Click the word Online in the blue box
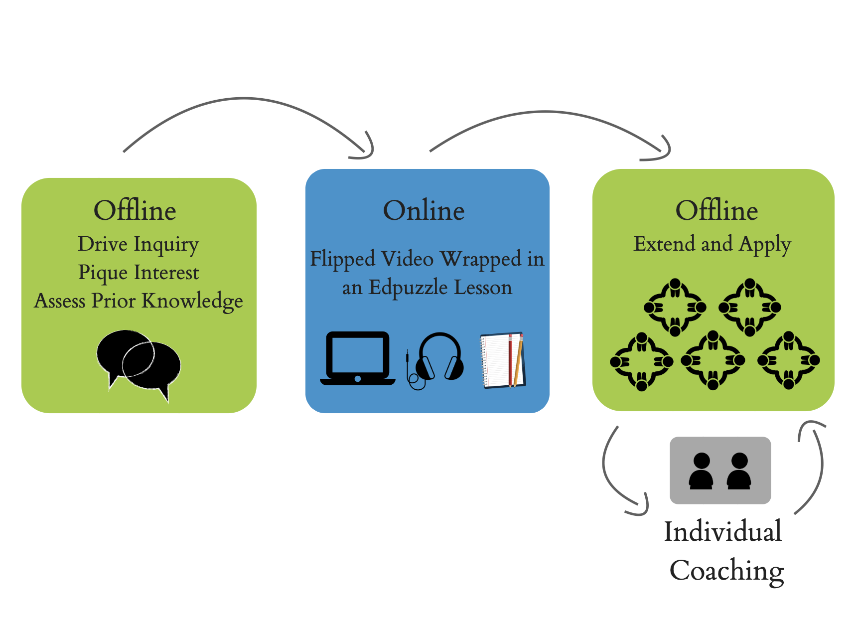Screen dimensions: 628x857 (x=424, y=210)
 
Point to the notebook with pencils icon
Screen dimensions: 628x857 (x=502, y=360)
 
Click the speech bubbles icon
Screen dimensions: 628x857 (x=139, y=364)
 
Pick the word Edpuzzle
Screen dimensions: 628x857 (x=408, y=288)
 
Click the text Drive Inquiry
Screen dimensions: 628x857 (x=139, y=244)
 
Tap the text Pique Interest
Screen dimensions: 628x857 (x=139, y=273)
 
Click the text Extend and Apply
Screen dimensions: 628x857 (x=712, y=244)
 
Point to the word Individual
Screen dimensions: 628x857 (x=722, y=531)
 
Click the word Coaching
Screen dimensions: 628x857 (x=726, y=571)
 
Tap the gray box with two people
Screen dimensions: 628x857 (x=720, y=471)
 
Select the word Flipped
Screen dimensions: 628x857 (x=343, y=260)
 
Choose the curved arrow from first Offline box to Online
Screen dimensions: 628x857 (x=244, y=99)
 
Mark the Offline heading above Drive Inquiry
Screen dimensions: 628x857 (x=135, y=210)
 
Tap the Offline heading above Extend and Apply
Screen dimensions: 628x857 (x=716, y=210)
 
